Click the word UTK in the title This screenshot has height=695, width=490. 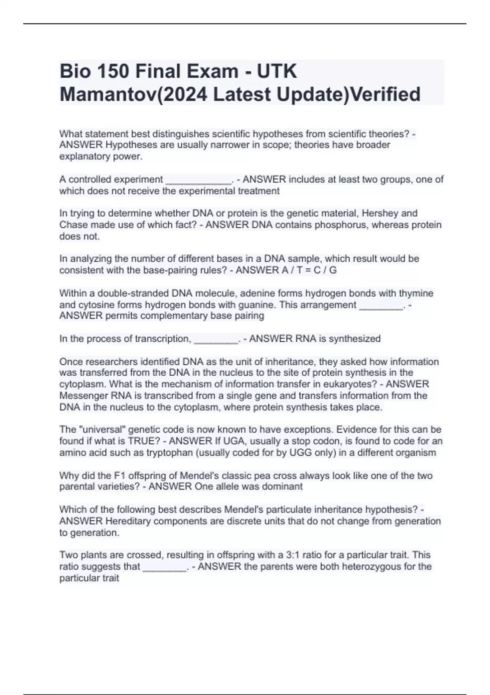[276, 72]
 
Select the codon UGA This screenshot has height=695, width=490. [235, 441]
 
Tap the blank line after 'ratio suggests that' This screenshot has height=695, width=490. [165, 567]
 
